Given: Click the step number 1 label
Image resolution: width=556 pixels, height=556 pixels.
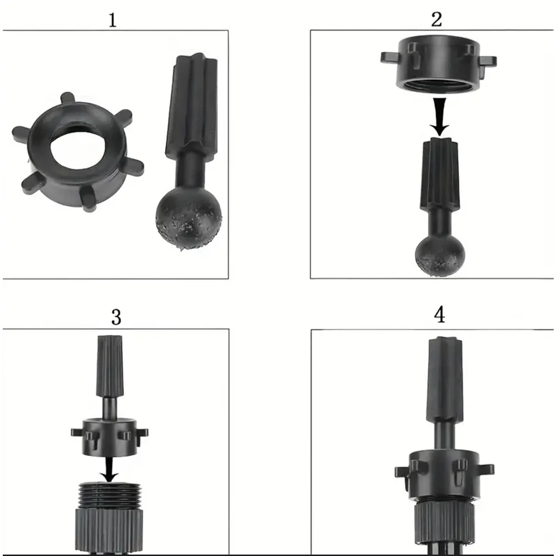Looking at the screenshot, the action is pos(112,20).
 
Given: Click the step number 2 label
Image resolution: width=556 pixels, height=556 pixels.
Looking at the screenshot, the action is pos(437,19).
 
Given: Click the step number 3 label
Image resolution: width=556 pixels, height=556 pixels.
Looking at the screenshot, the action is pos(116,317).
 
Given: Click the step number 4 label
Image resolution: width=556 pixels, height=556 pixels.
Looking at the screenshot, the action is pos(440,315).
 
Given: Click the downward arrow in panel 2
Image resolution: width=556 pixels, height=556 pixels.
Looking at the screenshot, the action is pos(440,117).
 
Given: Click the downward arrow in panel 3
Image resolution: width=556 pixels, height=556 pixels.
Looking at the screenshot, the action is pos(110,469).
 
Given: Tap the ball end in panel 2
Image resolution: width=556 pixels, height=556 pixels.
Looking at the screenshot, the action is pos(440,255).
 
